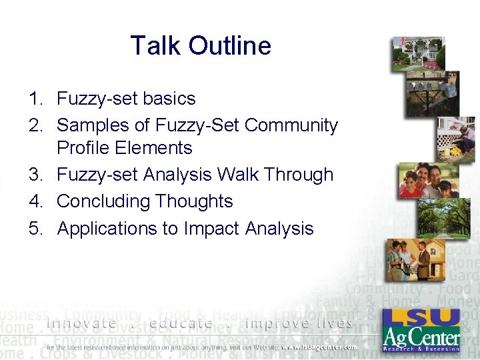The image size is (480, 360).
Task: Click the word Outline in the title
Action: pyautogui.click(x=229, y=46)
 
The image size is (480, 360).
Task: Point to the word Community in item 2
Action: pyautogui.click(x=292, y=125)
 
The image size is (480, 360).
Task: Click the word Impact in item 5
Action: pyautogui.click(x=213, y=228)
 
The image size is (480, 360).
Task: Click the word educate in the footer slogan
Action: pyautogui.click(x=181, y=324)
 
